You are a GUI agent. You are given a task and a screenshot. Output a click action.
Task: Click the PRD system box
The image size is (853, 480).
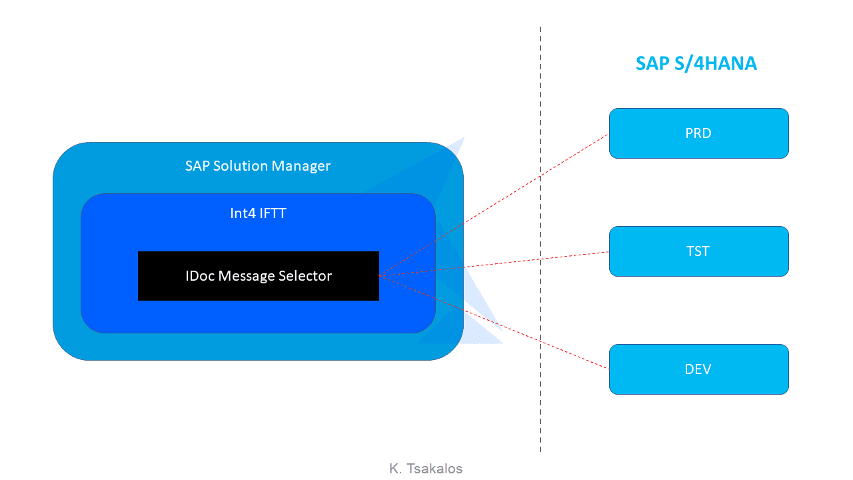[699, 133]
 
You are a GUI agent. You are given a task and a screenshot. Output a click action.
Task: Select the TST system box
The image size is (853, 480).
[699, 251]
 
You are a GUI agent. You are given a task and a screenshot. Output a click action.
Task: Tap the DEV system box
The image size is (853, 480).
[699, 369]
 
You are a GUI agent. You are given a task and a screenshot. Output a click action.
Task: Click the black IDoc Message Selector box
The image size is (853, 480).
[258, 276]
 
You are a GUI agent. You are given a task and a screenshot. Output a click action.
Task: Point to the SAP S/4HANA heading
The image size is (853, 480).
[696, 63]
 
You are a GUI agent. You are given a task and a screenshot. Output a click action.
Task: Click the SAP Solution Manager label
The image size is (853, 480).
[258, 166]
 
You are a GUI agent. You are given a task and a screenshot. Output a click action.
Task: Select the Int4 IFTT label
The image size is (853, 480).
[258, 213]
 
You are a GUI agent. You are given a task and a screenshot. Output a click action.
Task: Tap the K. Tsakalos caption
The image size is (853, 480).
[426, 468]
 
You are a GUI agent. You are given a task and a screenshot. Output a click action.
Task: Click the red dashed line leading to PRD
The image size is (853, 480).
[494, 205]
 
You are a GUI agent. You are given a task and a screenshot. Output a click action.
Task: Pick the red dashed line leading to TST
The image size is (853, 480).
[494, 263]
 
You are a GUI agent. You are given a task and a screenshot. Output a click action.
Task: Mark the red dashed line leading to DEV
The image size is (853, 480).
[494, 322]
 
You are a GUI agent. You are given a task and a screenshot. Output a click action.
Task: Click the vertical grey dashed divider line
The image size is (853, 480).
[540, 239]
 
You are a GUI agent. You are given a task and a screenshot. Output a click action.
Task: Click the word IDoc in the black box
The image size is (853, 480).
[200, 276]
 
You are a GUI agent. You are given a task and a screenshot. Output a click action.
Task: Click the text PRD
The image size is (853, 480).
[698, 133]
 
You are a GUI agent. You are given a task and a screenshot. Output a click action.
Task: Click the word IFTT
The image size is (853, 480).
[273, 213]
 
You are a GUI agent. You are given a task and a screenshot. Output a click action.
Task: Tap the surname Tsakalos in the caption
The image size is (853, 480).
[434, 468]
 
